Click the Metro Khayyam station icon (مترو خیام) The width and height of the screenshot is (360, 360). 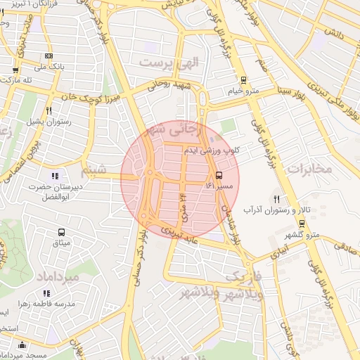point(243,80)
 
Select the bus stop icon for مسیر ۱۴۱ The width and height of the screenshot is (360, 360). point(219,174)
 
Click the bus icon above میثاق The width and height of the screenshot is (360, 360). point(61,231)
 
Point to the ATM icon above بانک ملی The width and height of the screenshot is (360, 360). point(49,56)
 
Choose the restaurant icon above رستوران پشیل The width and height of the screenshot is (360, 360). point(49,110)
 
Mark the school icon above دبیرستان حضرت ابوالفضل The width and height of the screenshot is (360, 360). point(56,176)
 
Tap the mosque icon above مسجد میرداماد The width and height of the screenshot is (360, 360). point(22,345)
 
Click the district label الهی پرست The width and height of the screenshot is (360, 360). point(169,62)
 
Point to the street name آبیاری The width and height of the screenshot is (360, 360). point(280,250)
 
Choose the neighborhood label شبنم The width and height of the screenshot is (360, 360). point(94,169)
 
